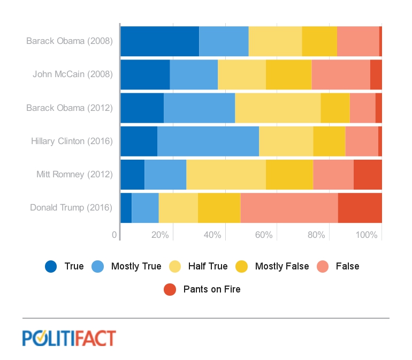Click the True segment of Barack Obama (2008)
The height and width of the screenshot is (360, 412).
tap(159, 41)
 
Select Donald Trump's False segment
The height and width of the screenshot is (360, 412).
tap(289, 207)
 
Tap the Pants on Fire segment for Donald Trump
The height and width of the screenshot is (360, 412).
tap(360, 207)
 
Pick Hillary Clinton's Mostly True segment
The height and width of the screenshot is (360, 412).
tap(208, 141)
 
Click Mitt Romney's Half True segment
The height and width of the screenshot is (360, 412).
tap(226, 174)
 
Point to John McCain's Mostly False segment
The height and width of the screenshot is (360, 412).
tap(288, 74)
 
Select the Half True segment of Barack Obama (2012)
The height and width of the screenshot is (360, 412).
tap(278, 108)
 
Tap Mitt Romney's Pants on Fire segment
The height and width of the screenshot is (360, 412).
tap(368, 174)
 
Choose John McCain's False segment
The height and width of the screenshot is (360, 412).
tap(340, 74)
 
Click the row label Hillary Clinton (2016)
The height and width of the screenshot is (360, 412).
tap(72, 141)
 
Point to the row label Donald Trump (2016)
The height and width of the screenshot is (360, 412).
tap(71, 207)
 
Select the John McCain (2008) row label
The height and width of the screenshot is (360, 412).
tap(72, 74)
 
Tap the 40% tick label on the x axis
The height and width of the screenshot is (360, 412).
tap(212, 235)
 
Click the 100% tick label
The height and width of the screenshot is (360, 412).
tap(367, 235)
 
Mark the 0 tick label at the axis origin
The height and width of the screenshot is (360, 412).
tap(115, 235)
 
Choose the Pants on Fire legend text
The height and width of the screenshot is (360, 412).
tap(212, 289)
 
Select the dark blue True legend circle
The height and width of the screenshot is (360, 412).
tap(51, 266)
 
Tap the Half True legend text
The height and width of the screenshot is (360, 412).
tap(208, 266)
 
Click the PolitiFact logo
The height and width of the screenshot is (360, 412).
tap(69, 338)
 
